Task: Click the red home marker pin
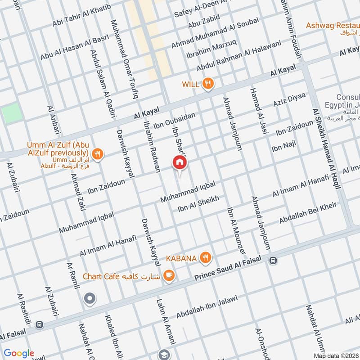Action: click(180, 163)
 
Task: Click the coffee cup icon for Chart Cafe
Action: click(169, 275)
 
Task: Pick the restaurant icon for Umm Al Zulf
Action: click(98, 155)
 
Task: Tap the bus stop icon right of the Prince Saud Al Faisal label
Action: click(272, 260)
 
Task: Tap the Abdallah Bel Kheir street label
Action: click(308, 213)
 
